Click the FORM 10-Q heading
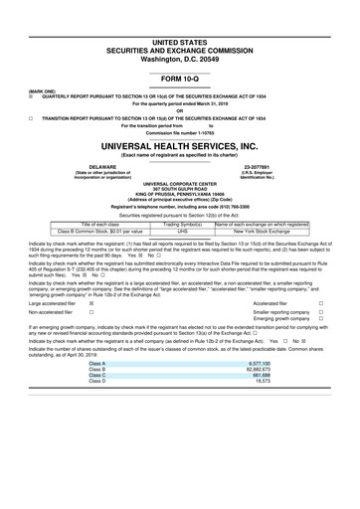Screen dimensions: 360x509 180,78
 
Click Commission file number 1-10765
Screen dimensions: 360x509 180,133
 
